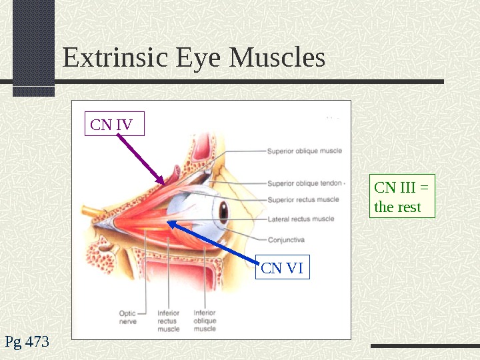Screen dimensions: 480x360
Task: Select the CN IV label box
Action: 114,125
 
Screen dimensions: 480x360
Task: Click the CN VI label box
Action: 282,268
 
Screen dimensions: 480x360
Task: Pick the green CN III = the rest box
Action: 401,197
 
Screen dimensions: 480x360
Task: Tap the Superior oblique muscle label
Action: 304,151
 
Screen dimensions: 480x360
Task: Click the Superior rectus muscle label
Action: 303,199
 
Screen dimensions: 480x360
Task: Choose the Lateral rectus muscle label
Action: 300,219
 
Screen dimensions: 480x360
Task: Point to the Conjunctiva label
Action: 286,239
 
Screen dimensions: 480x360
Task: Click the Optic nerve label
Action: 128,317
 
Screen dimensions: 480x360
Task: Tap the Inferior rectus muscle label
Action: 168,320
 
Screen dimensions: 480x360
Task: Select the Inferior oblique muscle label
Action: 204,320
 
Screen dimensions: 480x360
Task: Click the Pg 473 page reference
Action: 27,343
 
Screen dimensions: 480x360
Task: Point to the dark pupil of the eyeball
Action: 223,211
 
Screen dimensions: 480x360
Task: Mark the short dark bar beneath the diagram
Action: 424,346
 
